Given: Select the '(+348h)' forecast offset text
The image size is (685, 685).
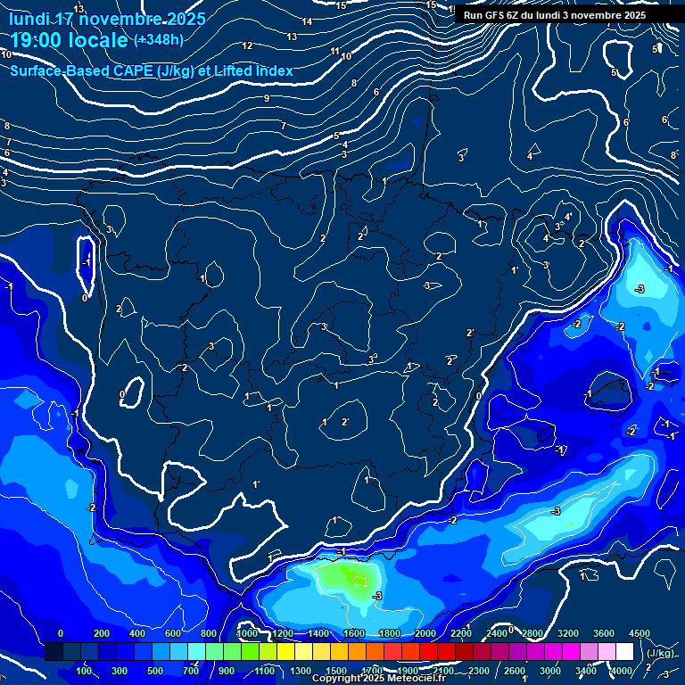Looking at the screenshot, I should click(x=159, y=40).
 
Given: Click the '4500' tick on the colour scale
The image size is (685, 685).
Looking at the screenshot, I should click(x=639, y=633).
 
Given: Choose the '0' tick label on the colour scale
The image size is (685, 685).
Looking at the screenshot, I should click(x=61, y=633).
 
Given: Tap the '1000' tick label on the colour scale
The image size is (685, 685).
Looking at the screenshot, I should click(x=247, y=633).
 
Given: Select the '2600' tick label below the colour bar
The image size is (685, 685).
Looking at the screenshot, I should click(x=515, y=671).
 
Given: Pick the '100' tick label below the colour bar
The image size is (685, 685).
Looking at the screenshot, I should click(x=84, y=671).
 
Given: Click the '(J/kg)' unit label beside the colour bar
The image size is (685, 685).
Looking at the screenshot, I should click(x=661, y=653).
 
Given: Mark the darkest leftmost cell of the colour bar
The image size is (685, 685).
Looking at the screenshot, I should click(x=54, y=653).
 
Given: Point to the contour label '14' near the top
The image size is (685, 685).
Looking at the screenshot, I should click(x=307, y=21).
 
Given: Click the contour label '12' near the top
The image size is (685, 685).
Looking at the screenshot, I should click(x=248, y=45).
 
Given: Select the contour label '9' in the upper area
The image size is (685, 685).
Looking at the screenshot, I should click(x=267, y=98).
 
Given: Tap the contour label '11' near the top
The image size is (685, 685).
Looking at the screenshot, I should click(x=335, y=52).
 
